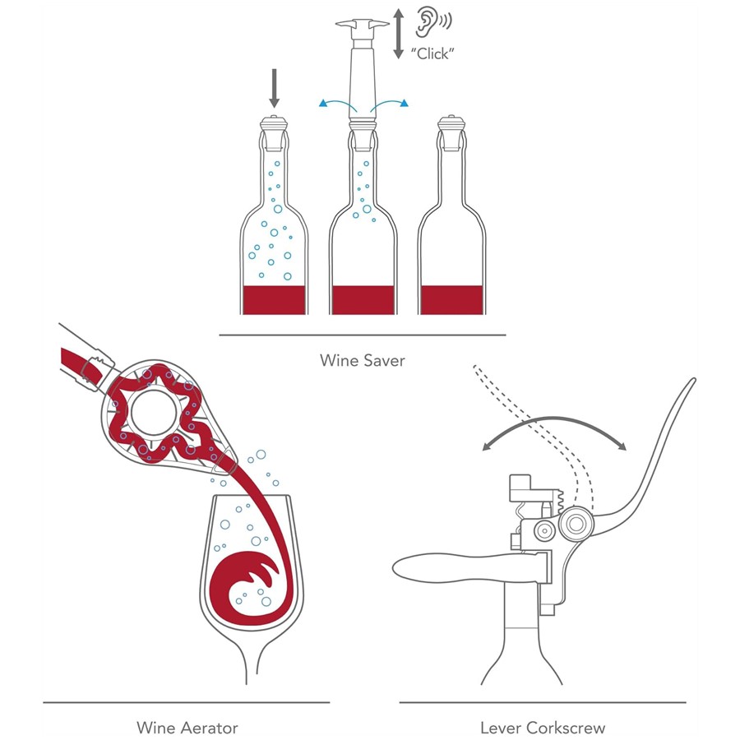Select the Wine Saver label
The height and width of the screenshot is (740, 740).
pyautogui.click(x=363, y=360)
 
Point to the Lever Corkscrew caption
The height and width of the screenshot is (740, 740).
pyautogui.click(x=543, y=727)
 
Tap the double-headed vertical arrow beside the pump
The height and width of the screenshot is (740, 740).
pyautogui.click(x=399, y=32)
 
